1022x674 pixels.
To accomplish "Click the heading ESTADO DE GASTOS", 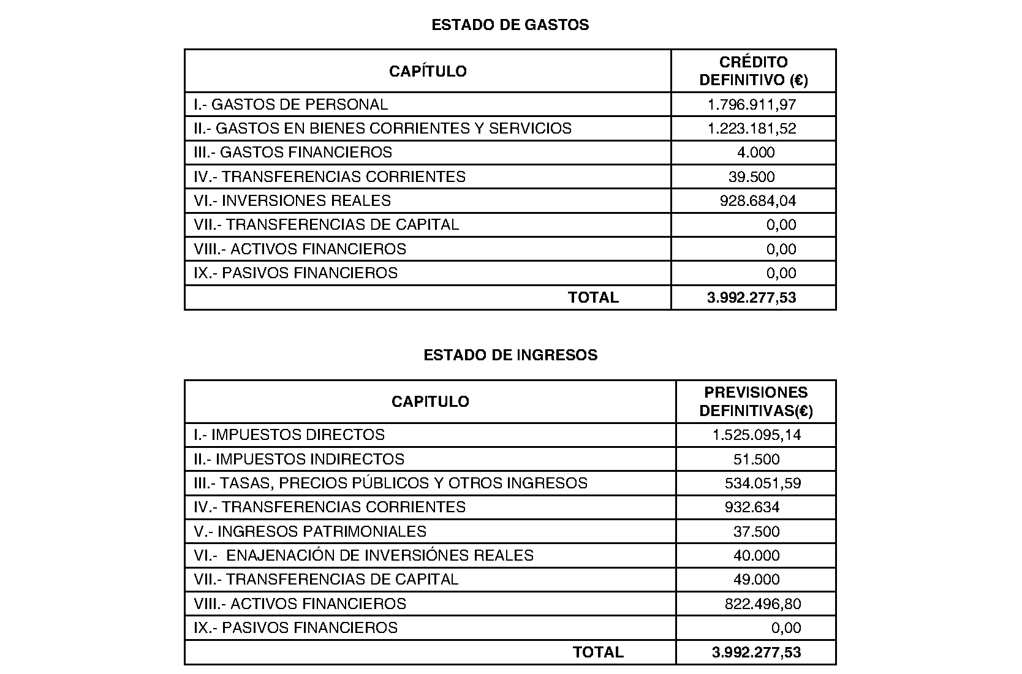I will point(510,25).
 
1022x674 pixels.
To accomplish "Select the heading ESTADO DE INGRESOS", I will point(510,355).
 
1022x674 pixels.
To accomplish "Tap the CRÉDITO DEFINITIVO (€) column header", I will point(754,71).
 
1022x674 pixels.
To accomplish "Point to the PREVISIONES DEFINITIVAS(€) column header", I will point(756,401).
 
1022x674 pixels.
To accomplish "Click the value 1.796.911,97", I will point(752,105).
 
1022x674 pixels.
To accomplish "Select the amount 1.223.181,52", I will point(752,129).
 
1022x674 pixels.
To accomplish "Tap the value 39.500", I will point(752,177).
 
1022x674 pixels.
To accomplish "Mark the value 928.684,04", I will point(758,201).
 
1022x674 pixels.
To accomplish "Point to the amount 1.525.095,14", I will point(757,435).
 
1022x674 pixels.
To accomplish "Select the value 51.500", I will point(757,460).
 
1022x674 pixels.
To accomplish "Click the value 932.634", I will point(752,507).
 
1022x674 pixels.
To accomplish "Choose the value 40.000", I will point(757,556).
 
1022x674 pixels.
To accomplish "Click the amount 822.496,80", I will point(763,604).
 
